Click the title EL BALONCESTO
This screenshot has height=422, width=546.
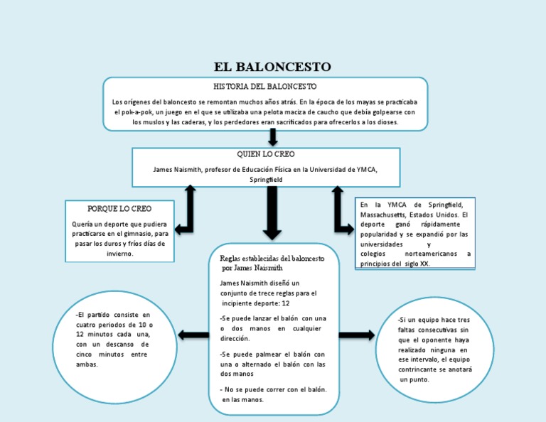point(273,67)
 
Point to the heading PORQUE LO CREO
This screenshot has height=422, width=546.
point(119,210)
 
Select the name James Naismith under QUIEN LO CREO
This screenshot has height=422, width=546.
point(177,170)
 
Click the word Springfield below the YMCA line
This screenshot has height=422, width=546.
point(266,180)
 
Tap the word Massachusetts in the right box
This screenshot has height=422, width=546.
point(387,214)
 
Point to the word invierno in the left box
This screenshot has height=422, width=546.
point(119,253)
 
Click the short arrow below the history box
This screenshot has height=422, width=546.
point(272,139)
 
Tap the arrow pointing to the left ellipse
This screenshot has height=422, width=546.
point(193,335)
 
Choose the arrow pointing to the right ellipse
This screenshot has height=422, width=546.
point(357,335)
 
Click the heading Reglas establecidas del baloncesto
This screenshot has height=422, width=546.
point(272,259)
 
